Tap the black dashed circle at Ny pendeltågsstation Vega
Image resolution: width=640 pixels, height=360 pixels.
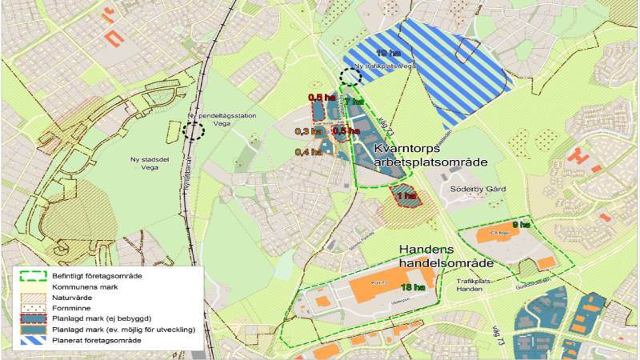point(192,130)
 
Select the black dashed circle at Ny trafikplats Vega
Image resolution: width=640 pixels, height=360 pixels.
point(349,77)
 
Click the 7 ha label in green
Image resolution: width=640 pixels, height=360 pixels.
point(356,102)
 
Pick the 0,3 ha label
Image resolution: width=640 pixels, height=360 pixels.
point(308,131)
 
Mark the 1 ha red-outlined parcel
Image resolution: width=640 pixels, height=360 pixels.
point(406,196)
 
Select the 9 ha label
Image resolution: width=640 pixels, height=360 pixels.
point(521,225)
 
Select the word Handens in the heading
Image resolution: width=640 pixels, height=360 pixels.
point(433,249)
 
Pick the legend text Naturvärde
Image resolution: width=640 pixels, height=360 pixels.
point(74,296)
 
